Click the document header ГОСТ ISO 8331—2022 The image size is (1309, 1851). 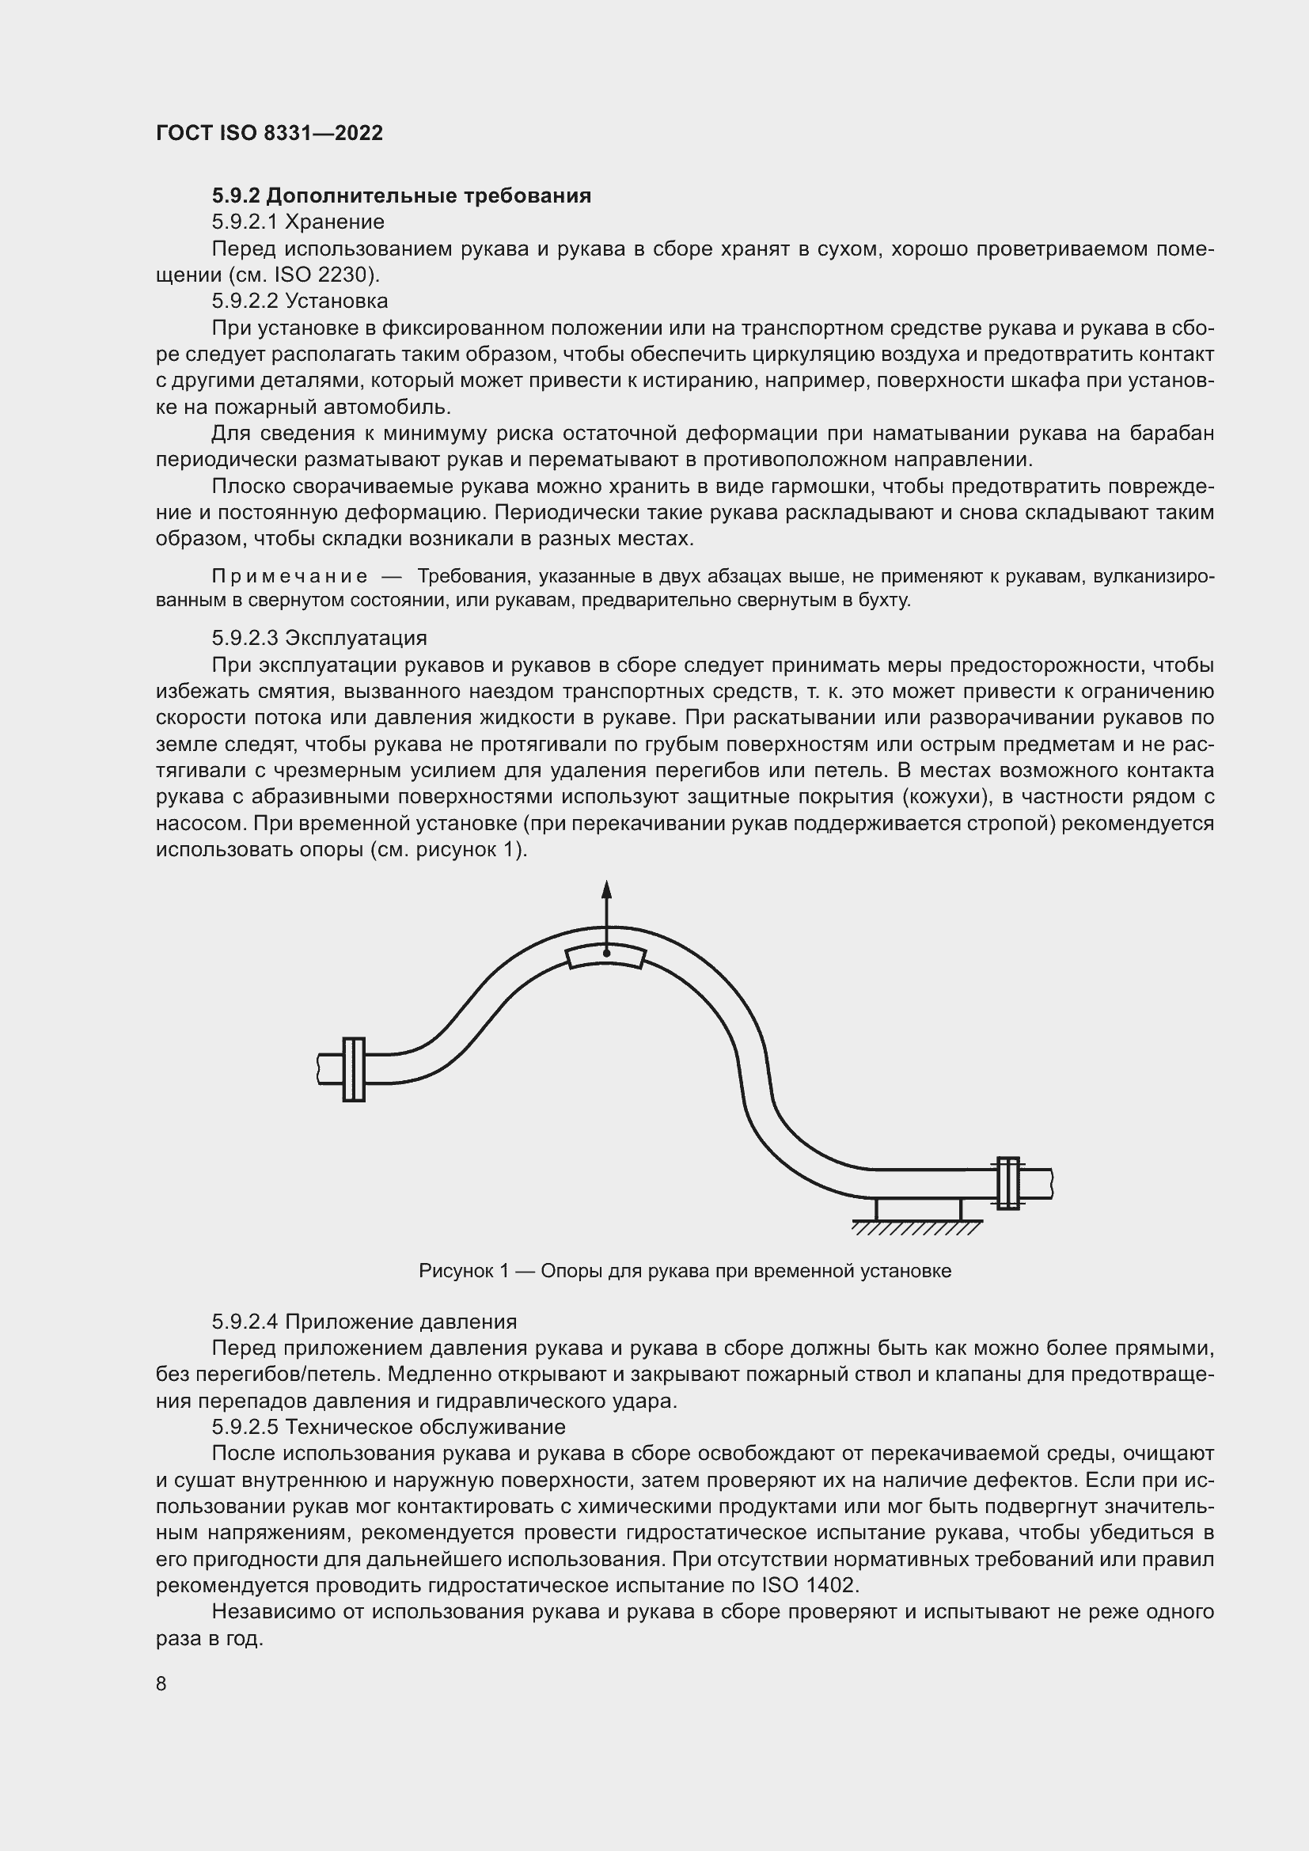(x=269, y=133)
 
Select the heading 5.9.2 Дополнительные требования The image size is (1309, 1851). (x=401, y=196)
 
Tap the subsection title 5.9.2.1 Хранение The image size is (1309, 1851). (x=298, y=222)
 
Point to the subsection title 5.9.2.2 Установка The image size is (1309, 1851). (x=300, y=302)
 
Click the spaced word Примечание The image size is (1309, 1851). (x=290, y=576)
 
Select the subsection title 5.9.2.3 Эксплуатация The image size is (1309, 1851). (x=319, y=639)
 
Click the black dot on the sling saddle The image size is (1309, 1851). (x=607, y=953)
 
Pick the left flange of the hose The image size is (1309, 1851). (x=354, y=1069)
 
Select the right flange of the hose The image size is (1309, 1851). (x=1007, y=1183)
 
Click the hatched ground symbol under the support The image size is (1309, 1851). (x=917, y=1228)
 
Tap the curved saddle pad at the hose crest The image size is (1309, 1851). (x=606, y=956)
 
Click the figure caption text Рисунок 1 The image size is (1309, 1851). (x=464, y=1272)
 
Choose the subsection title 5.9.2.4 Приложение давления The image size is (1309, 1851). (x=364, y=1322)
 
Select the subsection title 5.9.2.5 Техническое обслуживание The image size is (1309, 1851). (x=389, y=1428)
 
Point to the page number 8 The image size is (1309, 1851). (x=161, y=1684)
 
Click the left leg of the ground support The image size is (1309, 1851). (x=877, y=1209)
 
